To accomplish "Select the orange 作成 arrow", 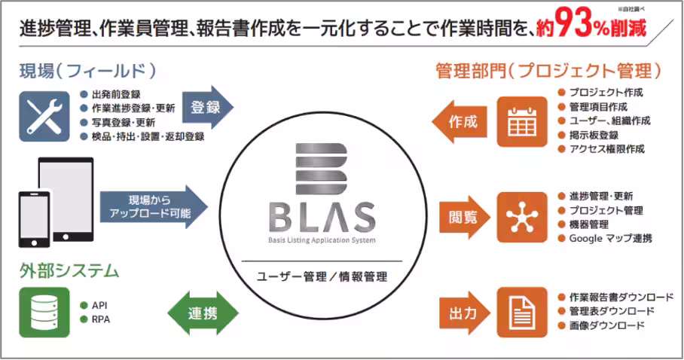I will click(460, 121).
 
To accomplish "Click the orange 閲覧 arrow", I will click(461, 217).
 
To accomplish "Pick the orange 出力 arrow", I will click(461, 310).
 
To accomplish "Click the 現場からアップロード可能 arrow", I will click(153, 207).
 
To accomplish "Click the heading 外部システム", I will click(69, 269).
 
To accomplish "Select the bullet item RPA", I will click(100, 319).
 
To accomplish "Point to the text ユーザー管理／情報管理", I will click(322, 276).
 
